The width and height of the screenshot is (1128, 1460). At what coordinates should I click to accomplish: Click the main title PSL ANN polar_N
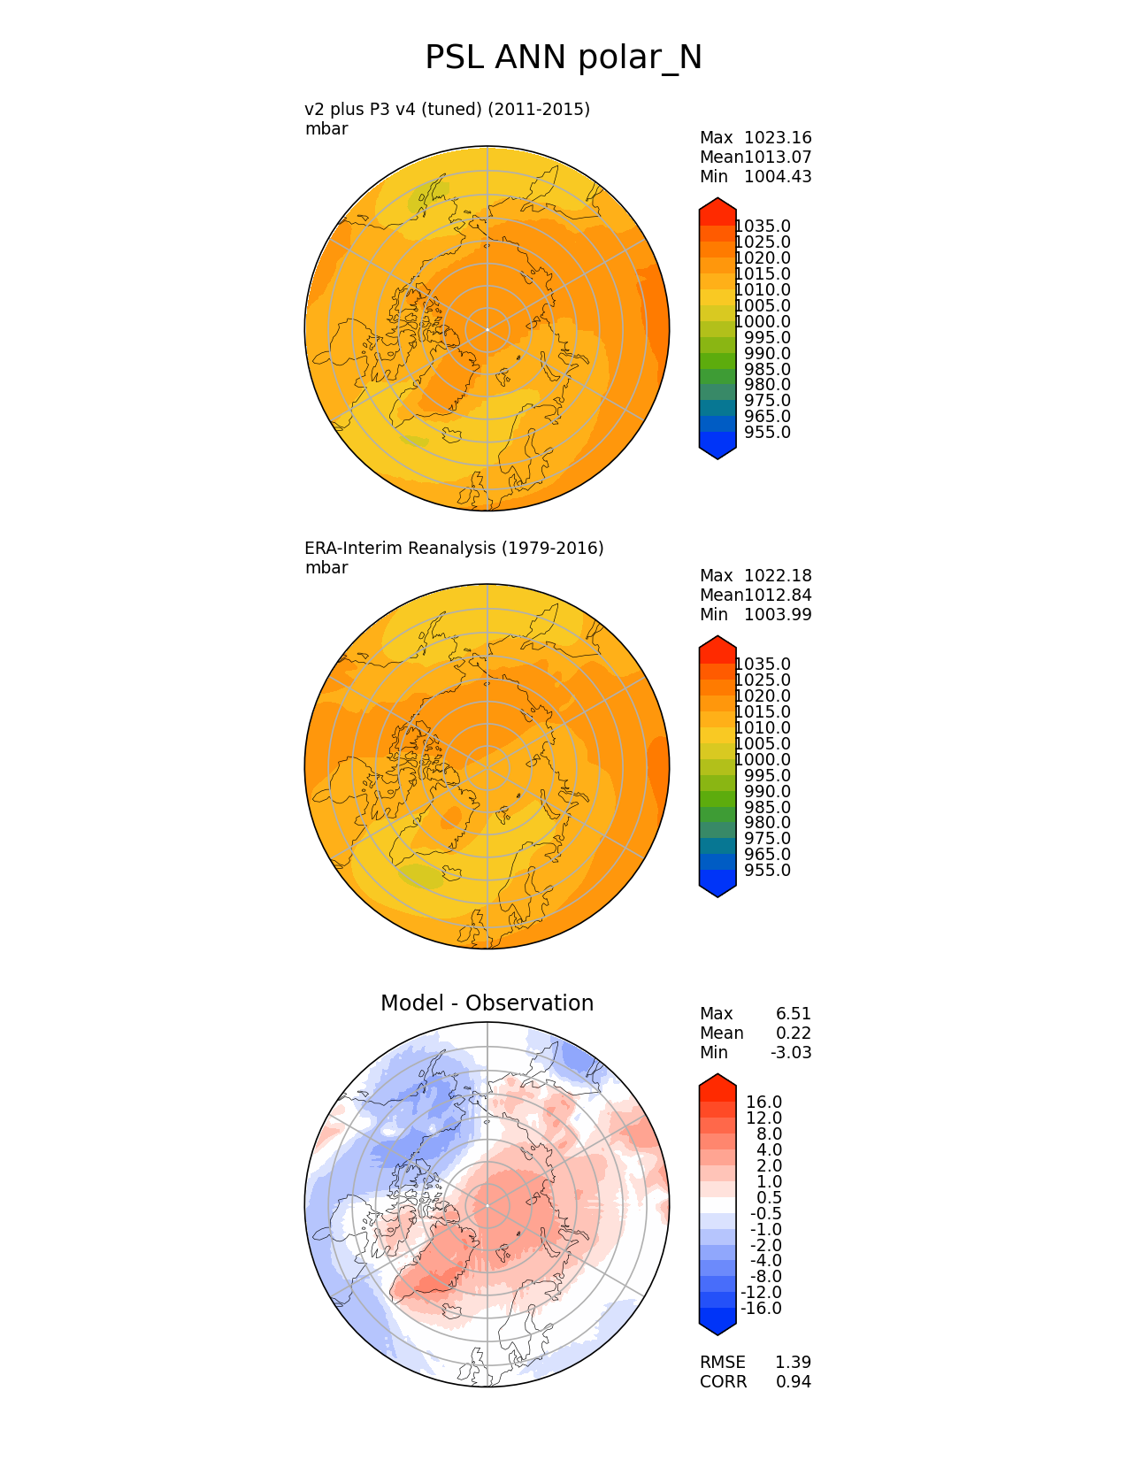pos(564,58)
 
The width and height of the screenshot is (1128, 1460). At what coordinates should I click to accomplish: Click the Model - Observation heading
pos(487,1003)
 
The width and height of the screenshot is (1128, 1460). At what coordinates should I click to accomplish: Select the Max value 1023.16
pos(778,138)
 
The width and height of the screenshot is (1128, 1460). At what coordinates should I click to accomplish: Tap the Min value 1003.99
pos(778,615)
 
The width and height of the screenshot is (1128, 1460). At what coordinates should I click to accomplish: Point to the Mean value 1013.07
pos(778,158)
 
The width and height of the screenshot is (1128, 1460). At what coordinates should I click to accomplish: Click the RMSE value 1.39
pos(794,1363)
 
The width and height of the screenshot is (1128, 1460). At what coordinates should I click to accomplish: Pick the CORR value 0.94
pos(794,1382)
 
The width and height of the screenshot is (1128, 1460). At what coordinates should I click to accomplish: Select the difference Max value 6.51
pos(794,1014)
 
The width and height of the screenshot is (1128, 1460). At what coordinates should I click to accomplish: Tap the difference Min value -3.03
pos(791,1053)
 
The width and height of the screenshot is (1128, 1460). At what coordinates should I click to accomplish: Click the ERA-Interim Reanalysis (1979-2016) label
pos(454,549)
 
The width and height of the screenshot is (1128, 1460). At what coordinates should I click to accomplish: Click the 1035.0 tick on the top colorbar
pos(764,227)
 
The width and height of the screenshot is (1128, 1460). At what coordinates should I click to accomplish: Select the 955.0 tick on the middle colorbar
pos(767,871)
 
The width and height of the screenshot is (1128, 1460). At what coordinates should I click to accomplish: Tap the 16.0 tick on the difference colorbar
pos(764,1103)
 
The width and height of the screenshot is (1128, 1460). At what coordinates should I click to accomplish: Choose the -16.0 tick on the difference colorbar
pos(761,1309)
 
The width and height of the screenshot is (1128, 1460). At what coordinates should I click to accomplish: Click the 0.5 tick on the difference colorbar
pos(769,1198)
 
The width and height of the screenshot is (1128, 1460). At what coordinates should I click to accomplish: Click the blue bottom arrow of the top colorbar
pos(717,449)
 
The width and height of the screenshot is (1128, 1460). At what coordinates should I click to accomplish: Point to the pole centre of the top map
pos(487,329)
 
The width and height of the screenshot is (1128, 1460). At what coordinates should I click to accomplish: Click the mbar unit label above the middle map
pos(326,568)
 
